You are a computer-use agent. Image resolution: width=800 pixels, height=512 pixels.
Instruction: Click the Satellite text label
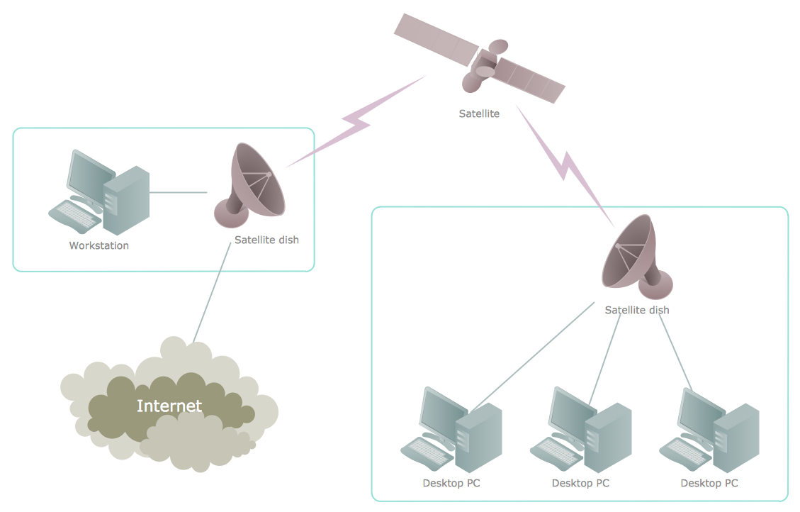(479, 113)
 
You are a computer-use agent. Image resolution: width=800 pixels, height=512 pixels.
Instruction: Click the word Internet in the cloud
(169, 406)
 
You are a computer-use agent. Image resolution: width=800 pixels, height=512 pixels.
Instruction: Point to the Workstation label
(98, 246)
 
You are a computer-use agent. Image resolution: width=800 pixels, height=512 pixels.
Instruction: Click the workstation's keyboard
(74, 216)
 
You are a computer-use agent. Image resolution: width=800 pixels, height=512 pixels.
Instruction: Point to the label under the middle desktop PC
(580, 484)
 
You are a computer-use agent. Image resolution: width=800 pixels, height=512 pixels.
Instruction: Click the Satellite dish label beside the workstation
(266, 240)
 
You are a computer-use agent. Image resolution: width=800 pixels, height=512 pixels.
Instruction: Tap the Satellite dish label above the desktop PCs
(636, 310)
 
